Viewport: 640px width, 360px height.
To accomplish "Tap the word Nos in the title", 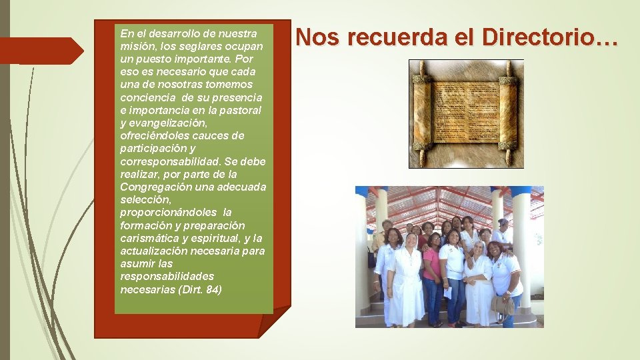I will point(314,37).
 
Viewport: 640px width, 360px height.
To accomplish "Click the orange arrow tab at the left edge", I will point(40,51).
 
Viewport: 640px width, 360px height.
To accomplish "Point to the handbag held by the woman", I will point(502,304).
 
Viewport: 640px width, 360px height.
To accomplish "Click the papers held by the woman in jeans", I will point(448,291).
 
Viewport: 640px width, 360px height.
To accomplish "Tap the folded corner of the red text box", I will point(275,321).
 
